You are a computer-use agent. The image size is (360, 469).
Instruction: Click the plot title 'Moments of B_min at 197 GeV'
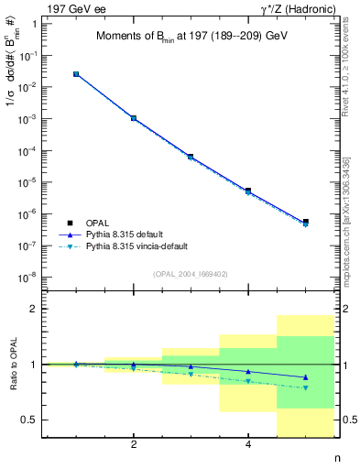[x=197, y=37]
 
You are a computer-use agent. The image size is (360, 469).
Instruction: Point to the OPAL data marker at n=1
[x=76, y=74]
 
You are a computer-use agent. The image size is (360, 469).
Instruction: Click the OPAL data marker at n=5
[x=305, y=222]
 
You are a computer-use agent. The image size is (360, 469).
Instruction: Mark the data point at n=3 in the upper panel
[x=191, y=157]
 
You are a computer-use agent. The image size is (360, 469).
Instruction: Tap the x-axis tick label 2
[x=134, y=446]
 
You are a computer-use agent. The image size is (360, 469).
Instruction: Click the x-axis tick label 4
[x=248, y=446]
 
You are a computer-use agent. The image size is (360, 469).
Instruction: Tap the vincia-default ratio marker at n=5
[x=305, y=387]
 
